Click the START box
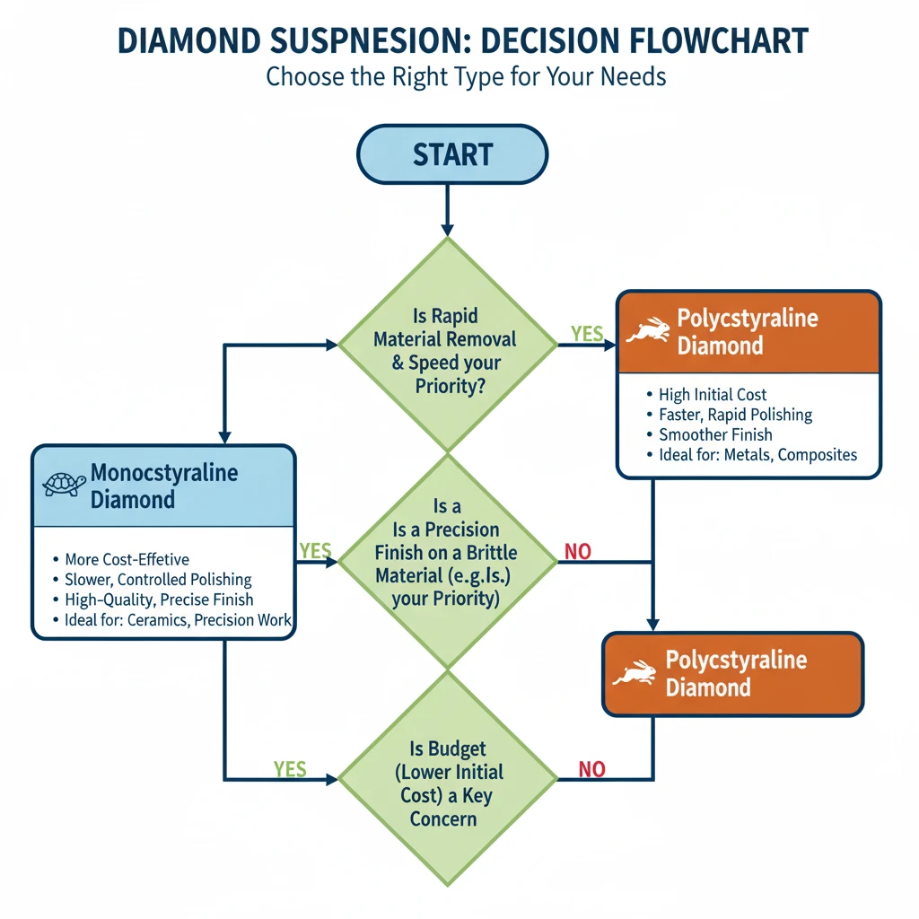pyautogui.click(x=452, y=154)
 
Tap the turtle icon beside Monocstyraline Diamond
pyautogui.click(x=65, y=485)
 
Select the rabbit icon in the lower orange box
pyautogui.click(x=637, y=673)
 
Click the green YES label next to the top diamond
pyautogui.click(x=587, y=335)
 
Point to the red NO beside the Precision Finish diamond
pyautogui.click(x=577, y=552)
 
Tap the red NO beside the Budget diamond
pyautogui.click(x=591, y=769)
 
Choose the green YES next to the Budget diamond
pyautogui.click(x=290, y=769)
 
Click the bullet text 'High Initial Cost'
pyautogui.click(x=713, y=394)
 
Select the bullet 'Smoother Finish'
pyautogui.click(x=715, y=434)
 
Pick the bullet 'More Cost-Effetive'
pyautogui.click(x=127, y=560)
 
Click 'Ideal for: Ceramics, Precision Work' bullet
pyautogui.click(x=178, y=620)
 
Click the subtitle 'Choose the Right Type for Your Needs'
pyautogui.click(x=466, y=76)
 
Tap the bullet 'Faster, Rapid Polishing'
pyautogui.click(x=735, y=415)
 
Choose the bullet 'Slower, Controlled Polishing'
pyautogui.click(x=158, y=580)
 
